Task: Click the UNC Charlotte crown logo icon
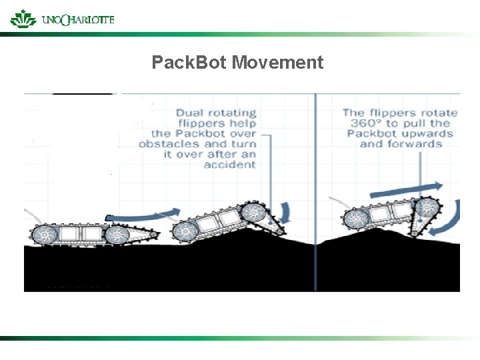pos(23,18)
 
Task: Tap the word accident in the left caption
pos(230,164)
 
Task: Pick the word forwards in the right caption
pos(419,144)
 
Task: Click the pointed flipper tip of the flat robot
pos(157,233)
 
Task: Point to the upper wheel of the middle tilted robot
pos(253,213)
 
